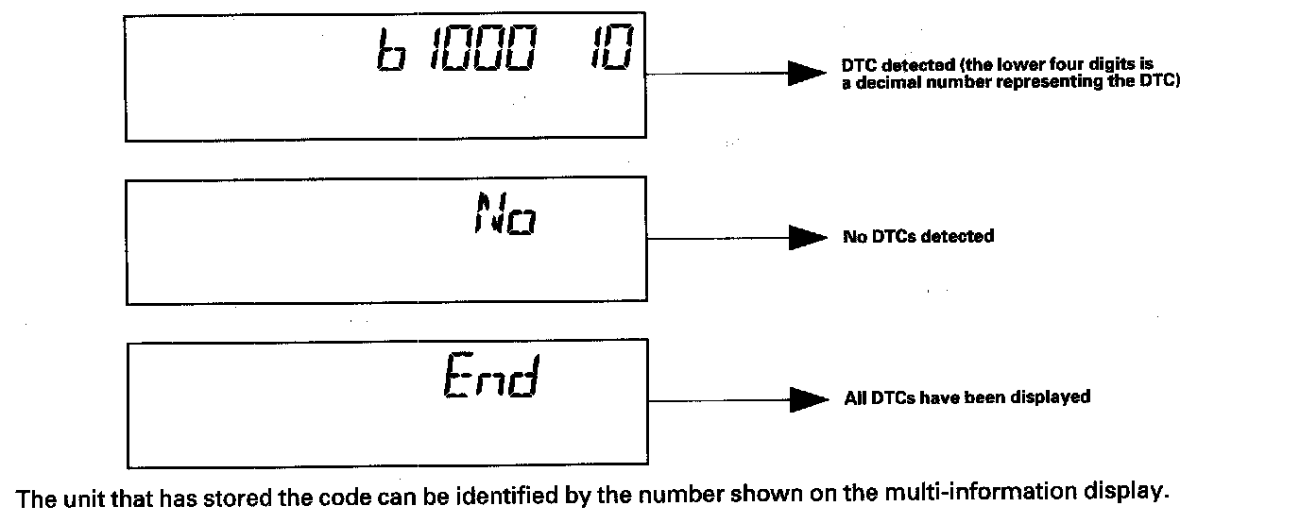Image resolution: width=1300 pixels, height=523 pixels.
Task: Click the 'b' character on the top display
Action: coord(387,55)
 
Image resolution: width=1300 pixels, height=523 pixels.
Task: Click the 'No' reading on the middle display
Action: coord(505,214)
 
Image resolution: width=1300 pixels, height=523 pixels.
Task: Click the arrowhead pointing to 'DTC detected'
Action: coord(808,74)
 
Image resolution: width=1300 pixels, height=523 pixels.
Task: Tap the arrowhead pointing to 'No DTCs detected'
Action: coord(808,238)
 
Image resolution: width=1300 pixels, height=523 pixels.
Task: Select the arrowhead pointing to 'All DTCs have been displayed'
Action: coord(808,399)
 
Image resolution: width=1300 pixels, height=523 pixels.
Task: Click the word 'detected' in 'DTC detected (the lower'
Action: coord(906,66)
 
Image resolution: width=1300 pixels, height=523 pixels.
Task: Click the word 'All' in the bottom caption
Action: coord(854,397)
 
